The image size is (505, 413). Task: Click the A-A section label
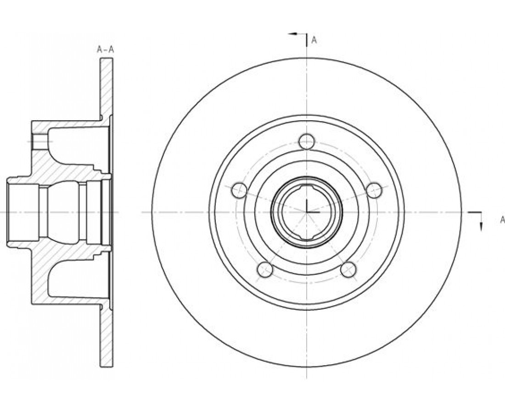click(x=105, y=49)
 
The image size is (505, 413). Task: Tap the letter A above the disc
click(x=314, y=40)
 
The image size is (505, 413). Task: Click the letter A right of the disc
click(x=502, y=220)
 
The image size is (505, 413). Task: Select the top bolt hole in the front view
click(x=306, y=141)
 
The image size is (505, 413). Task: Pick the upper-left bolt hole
click(x=239, y=190)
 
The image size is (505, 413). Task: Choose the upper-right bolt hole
click(x=374, y=190)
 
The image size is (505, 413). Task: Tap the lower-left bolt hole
click(x=266, y=269)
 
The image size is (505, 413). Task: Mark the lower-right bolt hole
click(x=348, y=269)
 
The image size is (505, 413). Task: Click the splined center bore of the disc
click(x=307, y=212)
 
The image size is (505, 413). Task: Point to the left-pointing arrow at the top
click(x=293, y=33)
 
